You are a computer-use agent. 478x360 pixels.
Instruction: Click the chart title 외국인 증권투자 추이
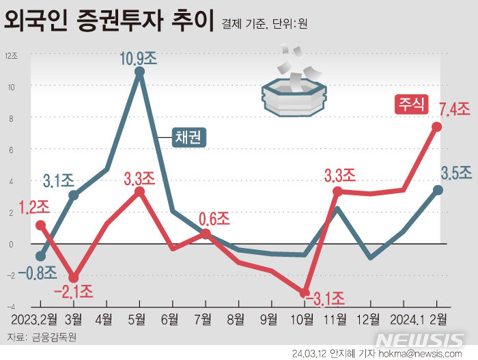109,22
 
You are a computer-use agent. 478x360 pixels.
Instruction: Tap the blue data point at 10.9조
139,71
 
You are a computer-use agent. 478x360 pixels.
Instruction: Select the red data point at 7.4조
436,127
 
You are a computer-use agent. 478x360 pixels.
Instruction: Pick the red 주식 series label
410,105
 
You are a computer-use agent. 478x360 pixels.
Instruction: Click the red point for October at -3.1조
305,292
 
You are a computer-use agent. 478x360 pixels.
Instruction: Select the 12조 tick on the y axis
12,57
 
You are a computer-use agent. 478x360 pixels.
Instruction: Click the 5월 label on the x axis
139,319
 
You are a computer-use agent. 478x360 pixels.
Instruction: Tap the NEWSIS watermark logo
421,340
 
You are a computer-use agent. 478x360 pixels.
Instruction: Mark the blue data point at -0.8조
40,256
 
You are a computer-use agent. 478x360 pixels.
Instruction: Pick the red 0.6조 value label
214,219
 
